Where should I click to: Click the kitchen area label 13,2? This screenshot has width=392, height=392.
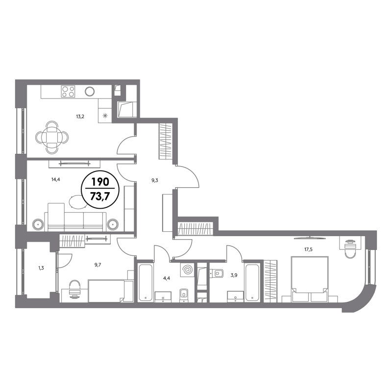pyautogui.click(x=80, y=116)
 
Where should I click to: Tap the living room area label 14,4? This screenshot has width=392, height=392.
pyautogui.click(x=56, y=179)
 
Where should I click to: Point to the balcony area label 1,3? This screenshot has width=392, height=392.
pyautogui.click(x=41, y=268)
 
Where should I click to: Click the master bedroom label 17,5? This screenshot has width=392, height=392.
pyautogui.click(x=308, y=249)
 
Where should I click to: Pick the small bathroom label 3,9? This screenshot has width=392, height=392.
pyautogui.click(x=234, y=275)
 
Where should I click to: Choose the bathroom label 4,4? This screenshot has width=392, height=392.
pyautogui.click(x=167, y=278)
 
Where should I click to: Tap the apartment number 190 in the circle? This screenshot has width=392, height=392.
pyautogui.click(x=100, y=182)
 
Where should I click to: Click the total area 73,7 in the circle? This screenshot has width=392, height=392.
pyautogui.click(x=100, y=196)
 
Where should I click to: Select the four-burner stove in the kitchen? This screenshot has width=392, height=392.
pyautogui.click(x=68, y=91)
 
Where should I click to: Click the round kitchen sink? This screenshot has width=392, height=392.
pyautogui.click(x=90, y=92)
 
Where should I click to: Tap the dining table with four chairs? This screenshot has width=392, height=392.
pyautogui.click(x=52, y=137)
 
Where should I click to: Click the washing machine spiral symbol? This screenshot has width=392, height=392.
pyautogui.click(x=187, y=270)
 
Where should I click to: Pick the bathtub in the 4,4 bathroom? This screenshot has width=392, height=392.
pyautogui.click(x=145, y=282)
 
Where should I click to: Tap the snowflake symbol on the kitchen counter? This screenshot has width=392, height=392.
pyautogui.click(x=105, y=116)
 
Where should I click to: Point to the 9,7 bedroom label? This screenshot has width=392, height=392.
pyautogui.click(x=98, y=265)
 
